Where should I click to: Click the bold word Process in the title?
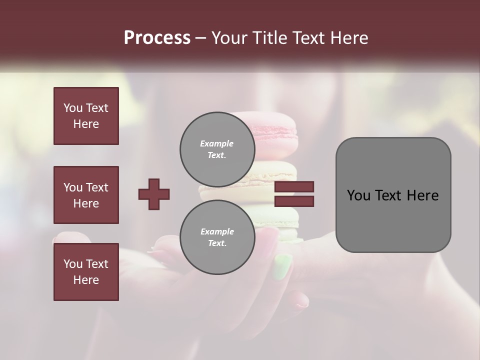pos(157,37)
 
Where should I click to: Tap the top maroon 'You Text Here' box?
pos(86,116)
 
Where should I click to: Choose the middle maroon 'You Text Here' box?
pos(86,195)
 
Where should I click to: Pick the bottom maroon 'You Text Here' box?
pos(86,272)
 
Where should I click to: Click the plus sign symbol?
pos(154,194)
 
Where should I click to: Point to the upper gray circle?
pos(216,149)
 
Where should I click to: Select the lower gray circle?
pos(216,237)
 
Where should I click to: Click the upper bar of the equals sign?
pos(294,187)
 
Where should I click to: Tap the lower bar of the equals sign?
pos(294,201)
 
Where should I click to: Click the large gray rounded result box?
pos(393,195)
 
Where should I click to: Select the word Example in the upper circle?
pos(216,143)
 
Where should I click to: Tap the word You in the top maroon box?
pos(72,108)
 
